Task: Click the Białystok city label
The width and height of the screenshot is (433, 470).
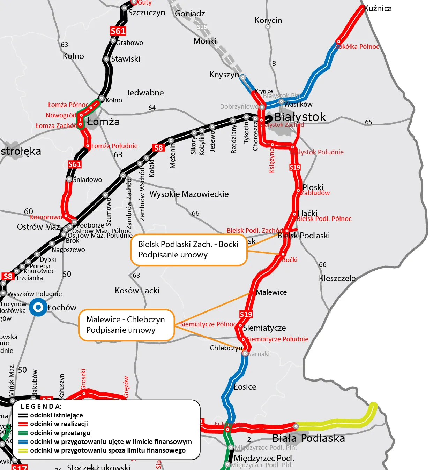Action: (300, 117)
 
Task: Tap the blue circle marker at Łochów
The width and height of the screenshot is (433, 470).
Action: (38, 308)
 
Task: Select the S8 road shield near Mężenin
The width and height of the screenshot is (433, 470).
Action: (158, 147)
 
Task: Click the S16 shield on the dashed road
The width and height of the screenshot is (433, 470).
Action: (202, 27)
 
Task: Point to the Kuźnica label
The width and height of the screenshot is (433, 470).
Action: (378, 9)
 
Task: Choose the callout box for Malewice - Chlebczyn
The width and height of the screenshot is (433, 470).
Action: (126, 325)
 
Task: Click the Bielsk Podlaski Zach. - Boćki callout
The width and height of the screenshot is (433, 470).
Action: (189, 249)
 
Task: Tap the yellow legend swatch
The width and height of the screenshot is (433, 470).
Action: (23, 450)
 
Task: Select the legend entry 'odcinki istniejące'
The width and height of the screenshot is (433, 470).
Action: (57, 415)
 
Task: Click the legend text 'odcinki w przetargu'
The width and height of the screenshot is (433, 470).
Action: (60, 433)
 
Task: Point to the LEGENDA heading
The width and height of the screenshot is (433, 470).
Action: (41, 406)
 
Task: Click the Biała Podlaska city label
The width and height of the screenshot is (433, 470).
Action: (308, 438)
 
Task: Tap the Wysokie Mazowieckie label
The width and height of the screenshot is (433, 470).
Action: (189, 194)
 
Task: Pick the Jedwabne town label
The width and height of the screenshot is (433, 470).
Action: (145, 93)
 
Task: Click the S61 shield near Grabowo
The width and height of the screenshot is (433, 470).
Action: (118, 31)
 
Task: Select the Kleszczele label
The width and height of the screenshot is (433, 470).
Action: (337, 278)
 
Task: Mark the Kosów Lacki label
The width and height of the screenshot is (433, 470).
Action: (137, 291)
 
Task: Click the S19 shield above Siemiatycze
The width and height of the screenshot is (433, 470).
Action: (246, 314)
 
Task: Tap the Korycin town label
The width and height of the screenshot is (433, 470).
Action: (268, 20)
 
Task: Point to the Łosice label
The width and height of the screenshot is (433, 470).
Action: (245, 387)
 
